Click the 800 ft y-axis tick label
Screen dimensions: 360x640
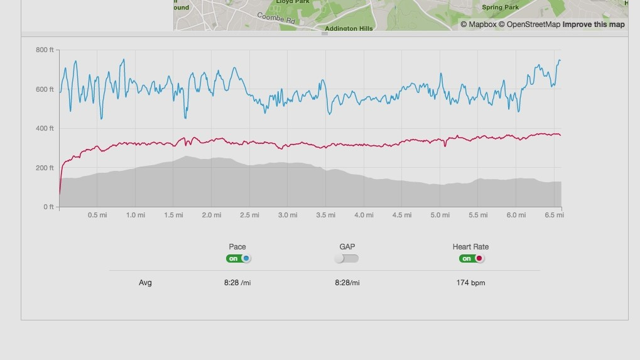point(45,50)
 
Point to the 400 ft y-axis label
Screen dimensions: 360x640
point(45,128)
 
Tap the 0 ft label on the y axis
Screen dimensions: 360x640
point(48,207)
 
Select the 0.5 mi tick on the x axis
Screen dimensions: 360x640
point(97,215)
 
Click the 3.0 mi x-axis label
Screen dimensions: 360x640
point(288,215)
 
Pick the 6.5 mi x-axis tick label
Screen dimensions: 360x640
point(554,215)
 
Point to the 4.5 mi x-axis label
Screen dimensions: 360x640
point(402,215)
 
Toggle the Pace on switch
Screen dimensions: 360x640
point(239,258)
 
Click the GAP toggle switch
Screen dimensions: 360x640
point(347,258)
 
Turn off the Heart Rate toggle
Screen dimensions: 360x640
point(471,258)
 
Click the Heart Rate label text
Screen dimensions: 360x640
point(470,247)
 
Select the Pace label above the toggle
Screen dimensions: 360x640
point(237,247)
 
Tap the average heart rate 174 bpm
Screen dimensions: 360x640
point(470,283)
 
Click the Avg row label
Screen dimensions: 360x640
point(145,283)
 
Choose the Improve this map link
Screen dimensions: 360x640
point(594,25)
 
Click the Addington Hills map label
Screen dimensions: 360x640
point(349,28)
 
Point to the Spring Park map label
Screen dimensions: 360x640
point(500,8)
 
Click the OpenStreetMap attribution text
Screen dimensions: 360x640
point(533,25)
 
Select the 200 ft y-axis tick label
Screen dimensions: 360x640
point(45,168)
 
